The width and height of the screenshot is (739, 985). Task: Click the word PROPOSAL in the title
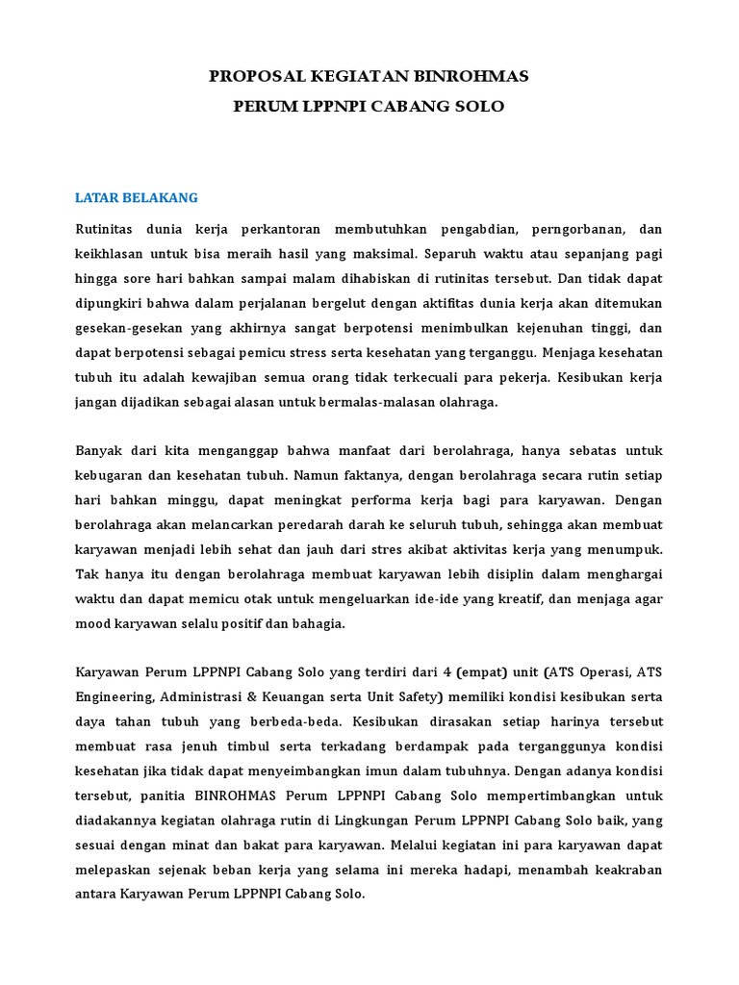pyautogui.click(x=259, y=77)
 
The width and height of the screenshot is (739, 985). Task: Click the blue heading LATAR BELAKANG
pyautogui.click(x=136, y=198)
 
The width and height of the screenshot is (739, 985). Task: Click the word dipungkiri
pyautogui.click(x=107, y=305)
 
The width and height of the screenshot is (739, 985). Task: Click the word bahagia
pyautogui.click(x=319, y=624)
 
